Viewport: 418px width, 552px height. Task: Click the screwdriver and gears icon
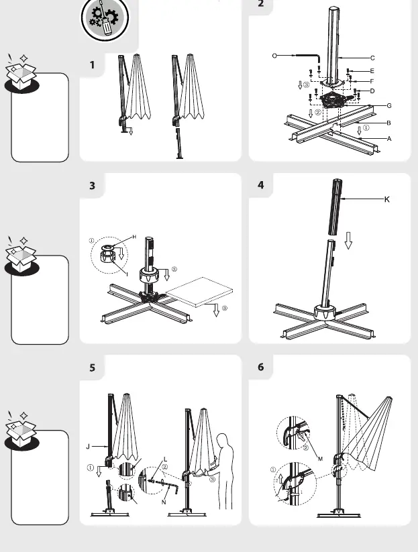pyautogui.click(x=105, y=18)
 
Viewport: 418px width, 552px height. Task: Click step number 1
pyautogui.click(x=92, y=65)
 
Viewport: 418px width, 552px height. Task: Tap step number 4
pyautogui.click(x=260, y=185)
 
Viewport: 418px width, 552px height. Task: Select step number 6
pyautogui.click(x=260, y=367)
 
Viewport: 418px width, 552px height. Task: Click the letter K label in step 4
pyautogui.click(x=387, y=199)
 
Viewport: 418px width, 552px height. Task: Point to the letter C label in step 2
pyautogui.click(x=372, y=58)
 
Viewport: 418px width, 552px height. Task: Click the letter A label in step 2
pyautogui.click(x=389, y=139)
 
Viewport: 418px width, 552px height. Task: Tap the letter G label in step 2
pyautogui.click(x=389, y=105)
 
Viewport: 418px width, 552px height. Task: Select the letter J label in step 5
pyautogui.click(x=88, y=447)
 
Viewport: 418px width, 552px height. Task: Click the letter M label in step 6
pyautogui.click(x=320, y=459)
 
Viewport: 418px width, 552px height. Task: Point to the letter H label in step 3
pyautogui.click(x=134, y=237)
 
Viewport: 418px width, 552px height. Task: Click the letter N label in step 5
pyautogui.click(x=164, y=502)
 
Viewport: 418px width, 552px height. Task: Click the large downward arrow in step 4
pyautogui.click(x=348, y=240)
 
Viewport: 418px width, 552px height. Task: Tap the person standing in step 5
pyautogui.click(x=223, y=471)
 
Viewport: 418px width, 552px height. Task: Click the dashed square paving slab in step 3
pyautogui.click(x=199, y=292)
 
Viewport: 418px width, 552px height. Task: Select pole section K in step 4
pyautogui.click(x=335, y=207)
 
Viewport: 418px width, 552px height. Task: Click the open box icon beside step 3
pyautogui.click(x=21, y=256)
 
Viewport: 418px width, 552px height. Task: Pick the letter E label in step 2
pyautogui.click(x=372, y=71)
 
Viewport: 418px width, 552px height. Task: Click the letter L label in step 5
pyautogui.click(x=166, y=459)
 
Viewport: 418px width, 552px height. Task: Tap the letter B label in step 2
pyautogui.click(x=388, y=123)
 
